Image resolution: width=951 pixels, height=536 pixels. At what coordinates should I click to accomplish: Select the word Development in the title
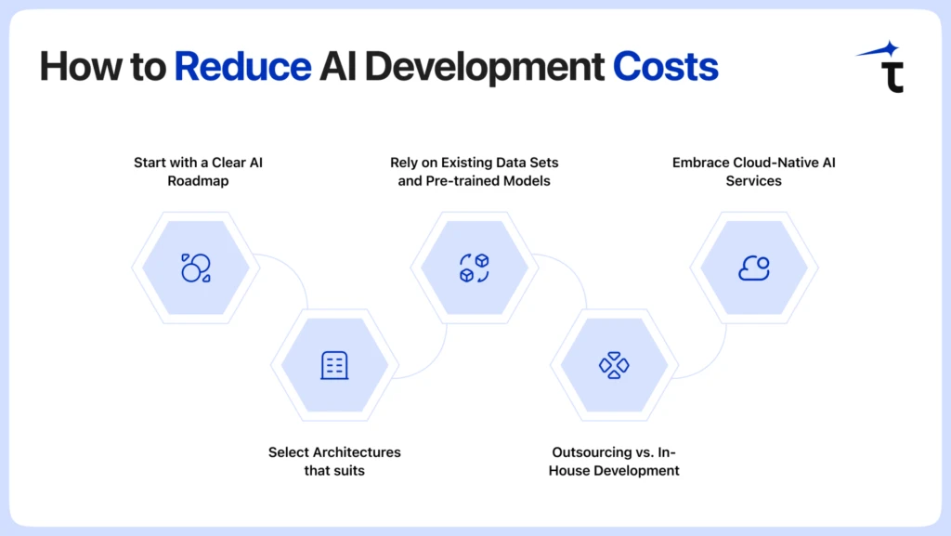tap(484, 68)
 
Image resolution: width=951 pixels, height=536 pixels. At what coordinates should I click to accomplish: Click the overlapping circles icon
tap(196, 268)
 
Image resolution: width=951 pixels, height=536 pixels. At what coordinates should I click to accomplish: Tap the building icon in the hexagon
tap(334, 365)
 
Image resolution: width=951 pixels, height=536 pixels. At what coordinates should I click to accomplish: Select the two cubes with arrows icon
tap(475, 268)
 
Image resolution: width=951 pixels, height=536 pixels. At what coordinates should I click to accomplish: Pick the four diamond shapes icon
tap(614, 365)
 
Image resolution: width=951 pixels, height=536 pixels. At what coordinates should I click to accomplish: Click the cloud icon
tap(754, 268)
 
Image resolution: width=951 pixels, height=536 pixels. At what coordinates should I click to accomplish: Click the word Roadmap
tap(198, 181)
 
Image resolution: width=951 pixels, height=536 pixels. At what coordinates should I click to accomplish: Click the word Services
tap(754, 181)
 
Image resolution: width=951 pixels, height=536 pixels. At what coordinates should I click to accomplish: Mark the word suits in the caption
tap(349, 471)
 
